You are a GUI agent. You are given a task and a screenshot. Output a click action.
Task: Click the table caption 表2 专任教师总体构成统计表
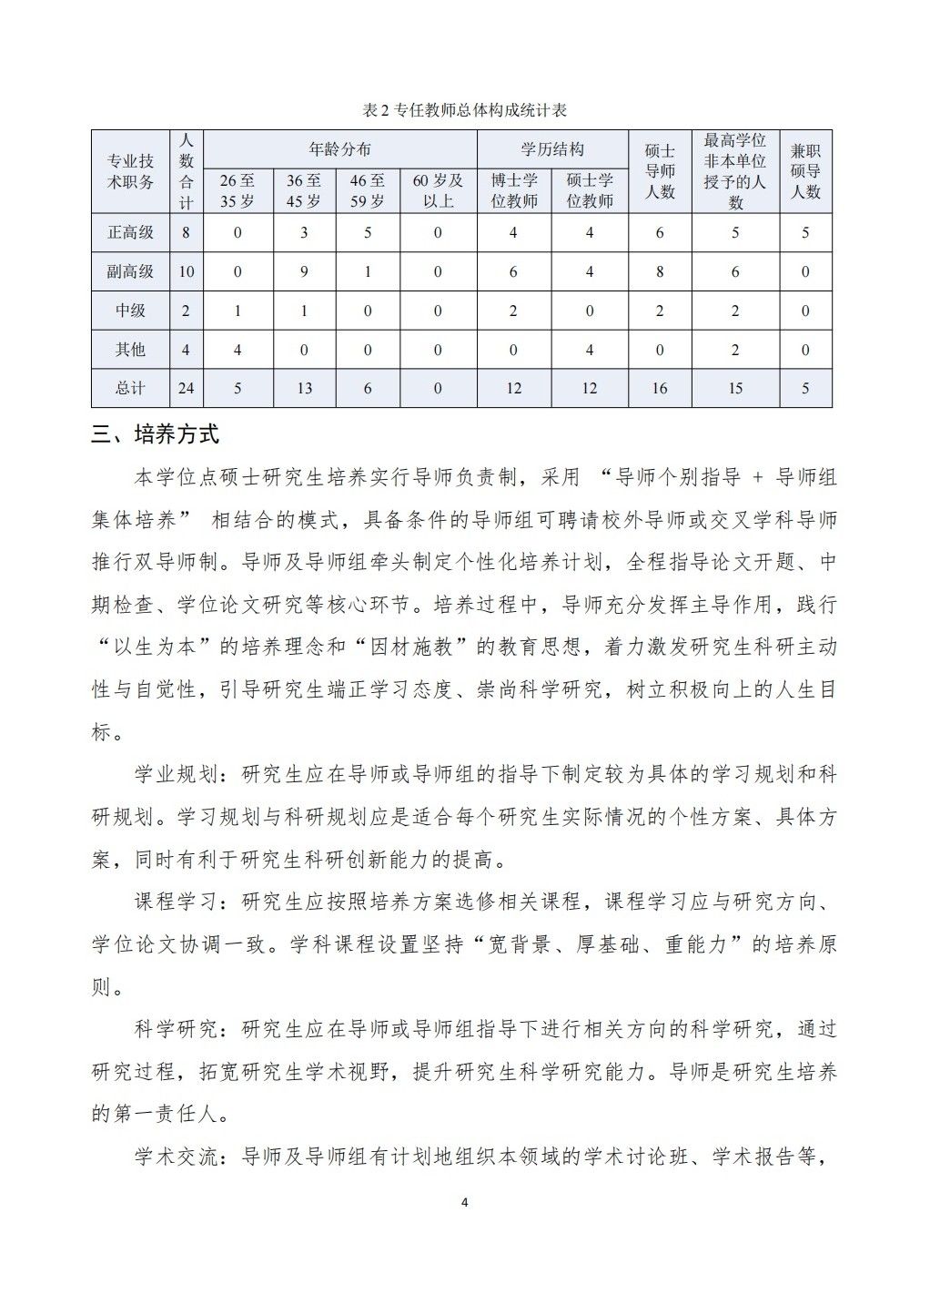464,110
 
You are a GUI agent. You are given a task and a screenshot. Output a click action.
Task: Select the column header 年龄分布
339,149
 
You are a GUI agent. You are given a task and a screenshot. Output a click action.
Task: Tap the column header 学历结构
552,149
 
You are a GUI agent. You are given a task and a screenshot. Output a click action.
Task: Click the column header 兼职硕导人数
805,171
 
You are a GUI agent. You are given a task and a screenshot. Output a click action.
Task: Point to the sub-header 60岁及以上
438,190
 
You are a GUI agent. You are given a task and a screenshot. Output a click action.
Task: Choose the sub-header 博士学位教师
513,190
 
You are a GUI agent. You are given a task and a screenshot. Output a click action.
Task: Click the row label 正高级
130,232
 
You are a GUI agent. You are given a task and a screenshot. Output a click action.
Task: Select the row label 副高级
130,271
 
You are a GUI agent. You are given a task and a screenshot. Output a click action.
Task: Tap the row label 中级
130,311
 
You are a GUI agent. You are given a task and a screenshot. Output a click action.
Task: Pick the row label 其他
130,350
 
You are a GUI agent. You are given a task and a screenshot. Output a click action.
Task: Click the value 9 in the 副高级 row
304,271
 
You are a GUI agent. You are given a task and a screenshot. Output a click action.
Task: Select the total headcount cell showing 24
186,388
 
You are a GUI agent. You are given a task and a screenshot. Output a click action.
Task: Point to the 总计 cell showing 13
304,388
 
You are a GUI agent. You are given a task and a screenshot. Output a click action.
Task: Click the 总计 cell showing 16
660,388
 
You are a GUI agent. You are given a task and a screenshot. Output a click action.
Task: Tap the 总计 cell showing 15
735,388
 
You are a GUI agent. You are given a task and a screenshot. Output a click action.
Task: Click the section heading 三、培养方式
156,434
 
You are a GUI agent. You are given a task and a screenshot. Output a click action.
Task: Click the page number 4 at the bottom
465,1203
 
